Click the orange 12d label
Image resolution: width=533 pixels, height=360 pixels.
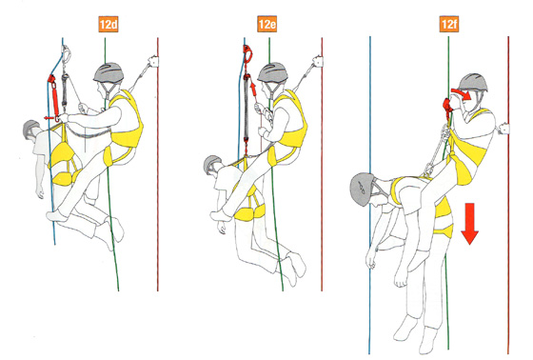[109, 25]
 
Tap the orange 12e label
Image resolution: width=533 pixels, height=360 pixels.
[266, 24]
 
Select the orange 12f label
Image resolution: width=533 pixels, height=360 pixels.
[448, 24]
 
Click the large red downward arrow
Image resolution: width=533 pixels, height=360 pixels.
[470, 224]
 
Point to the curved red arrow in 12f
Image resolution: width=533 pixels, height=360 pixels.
[463, 93]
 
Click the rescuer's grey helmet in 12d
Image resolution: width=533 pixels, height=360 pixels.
[109, 72]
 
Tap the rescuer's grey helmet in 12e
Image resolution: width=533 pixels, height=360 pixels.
[272, 72]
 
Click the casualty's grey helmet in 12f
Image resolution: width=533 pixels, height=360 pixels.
[362, 190]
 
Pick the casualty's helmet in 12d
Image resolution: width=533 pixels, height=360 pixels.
[30, 128]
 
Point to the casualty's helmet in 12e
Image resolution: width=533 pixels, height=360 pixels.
[212, 164]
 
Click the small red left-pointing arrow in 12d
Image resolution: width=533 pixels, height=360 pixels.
[49, 118]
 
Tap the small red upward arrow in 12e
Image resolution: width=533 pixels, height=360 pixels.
[253, 88]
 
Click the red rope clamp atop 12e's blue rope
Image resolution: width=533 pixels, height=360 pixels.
[247, 53]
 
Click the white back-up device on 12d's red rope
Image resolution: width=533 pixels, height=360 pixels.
[152, 61]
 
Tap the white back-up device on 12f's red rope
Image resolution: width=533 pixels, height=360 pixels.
[503, 129]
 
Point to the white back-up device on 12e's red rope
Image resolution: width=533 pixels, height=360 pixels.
[318, 61]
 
